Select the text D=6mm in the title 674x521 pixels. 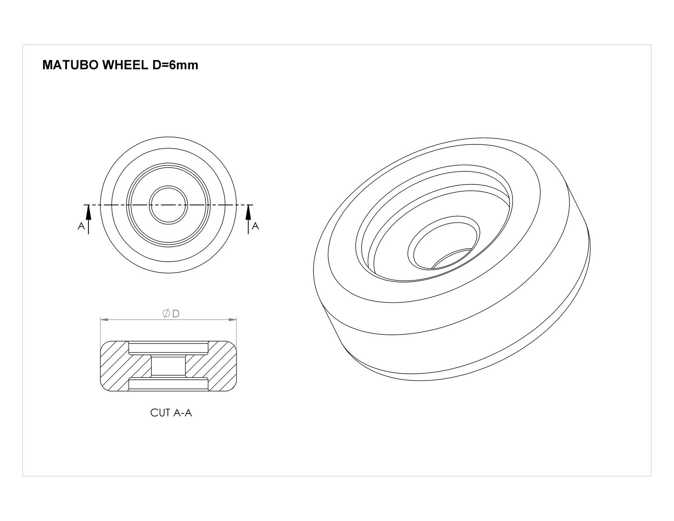coord(175,65)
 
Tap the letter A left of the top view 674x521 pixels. coord(81,226)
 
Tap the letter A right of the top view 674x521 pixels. coord(256,226)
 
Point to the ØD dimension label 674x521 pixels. coord(171,314)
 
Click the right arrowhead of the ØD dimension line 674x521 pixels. coord(232,320)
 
